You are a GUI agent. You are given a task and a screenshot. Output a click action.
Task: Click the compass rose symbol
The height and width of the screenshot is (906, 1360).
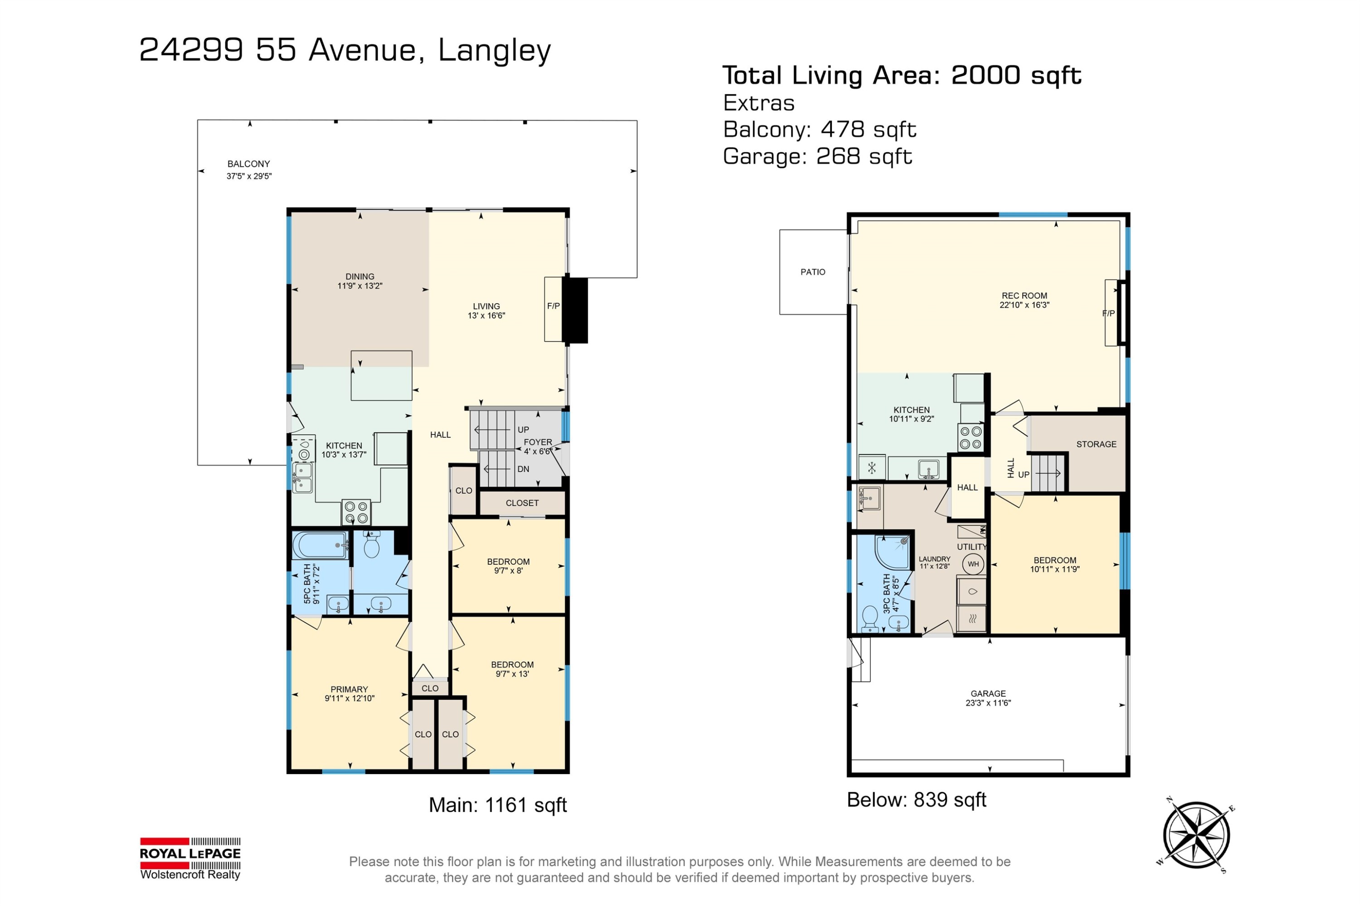pos(1196,834)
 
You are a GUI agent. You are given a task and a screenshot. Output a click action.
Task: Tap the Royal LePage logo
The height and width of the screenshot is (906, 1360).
pos(190,858)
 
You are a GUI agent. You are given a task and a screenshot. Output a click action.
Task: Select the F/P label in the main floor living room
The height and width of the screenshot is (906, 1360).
pos(553,305)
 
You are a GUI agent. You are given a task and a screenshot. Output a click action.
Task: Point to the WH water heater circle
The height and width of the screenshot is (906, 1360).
pos(973,564)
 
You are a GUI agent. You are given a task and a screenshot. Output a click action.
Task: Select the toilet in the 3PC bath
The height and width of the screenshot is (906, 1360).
pos(870,618)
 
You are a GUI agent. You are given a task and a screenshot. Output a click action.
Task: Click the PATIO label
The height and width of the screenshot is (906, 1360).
pos(813,272)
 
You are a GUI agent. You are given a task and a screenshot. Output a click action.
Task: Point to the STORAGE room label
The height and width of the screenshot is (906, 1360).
pos(1096,444)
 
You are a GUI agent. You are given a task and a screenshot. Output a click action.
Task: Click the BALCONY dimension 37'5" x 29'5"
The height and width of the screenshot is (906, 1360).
pos(249,176)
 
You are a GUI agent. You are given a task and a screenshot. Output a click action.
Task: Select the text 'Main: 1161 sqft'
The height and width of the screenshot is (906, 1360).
pos(498,805)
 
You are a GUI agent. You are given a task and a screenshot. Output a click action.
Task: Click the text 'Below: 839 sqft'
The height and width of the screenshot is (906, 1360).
pos(916,799)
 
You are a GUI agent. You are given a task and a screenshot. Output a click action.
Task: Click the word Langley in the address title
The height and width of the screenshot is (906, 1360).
pos(494,51)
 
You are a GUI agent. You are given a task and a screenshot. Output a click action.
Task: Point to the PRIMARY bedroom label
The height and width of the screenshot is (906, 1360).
pos(349,689)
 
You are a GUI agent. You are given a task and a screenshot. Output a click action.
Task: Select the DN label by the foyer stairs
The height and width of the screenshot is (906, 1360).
pos(523,469)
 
